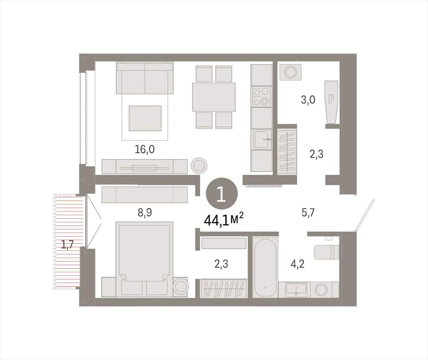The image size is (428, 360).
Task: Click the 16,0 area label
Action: (x=144, y=149)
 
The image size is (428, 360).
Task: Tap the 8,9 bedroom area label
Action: (x=145, y=212)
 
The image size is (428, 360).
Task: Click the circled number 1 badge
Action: (x=222, y=194)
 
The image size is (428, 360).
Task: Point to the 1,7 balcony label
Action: (x=67, y=245)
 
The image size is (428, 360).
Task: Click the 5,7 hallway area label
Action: (x=308, y=212)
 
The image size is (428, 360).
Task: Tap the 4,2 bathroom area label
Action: (x=298, y=264)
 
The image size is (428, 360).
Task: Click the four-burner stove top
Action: (x=261, y=97)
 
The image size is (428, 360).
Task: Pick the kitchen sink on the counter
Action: (x=262, y=140)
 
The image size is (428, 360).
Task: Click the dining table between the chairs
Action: (x=214, y=97)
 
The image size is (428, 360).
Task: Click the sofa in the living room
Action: (x=145, y=78)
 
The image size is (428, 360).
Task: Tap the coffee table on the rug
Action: (x=145, y=118)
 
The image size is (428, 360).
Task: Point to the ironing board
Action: (x=331, y=102)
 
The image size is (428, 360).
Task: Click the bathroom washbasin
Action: (x=296, y=289)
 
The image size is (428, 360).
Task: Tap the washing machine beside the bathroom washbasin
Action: (x=323, y=289)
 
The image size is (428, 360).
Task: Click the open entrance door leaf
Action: (x=364, y=215)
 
